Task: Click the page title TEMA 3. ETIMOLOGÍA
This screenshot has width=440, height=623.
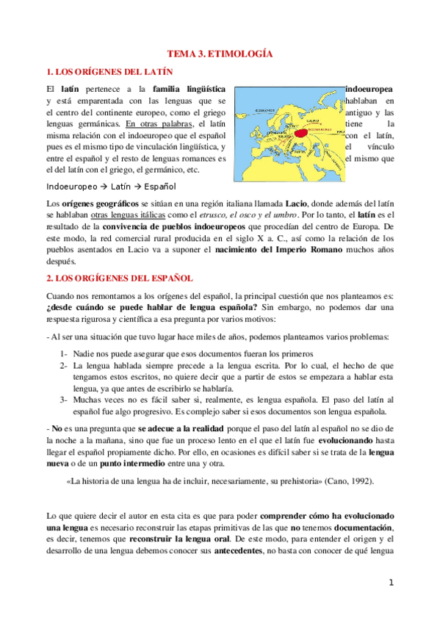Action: (220, 54)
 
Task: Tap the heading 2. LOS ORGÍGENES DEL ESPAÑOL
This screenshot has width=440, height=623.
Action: (119, 278)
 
